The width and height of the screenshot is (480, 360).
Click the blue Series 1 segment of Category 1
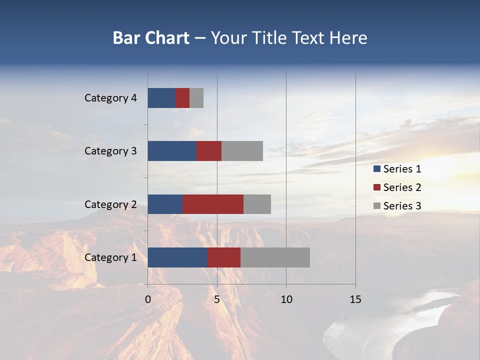tap(177, 257)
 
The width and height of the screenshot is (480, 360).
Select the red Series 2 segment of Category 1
tap(224, 257)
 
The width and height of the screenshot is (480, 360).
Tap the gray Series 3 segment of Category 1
tap(275, 257)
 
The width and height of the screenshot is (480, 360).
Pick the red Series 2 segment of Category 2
tap(213, 204)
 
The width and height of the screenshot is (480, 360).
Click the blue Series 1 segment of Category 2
tap(165, 204)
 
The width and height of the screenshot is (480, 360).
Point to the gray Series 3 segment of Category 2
tap(257, 204)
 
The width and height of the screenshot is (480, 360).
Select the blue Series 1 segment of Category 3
tap(172, 151)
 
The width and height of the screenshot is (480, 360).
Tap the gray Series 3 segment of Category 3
tap(242, 151)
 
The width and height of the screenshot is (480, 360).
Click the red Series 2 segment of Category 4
tap(182, 98)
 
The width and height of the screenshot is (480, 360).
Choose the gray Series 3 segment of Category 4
tap(196, 98)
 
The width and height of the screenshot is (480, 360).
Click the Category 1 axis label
tap(110, 257)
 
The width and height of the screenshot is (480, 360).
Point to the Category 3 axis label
tap(110, 151)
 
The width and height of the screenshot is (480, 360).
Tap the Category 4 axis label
tap(110, 98)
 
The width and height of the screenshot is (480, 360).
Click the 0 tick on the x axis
tap(148, 300)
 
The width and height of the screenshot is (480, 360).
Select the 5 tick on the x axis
tap(217, 300)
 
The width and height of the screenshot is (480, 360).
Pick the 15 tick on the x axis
tap(355, 300)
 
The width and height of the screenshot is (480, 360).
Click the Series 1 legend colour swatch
tap(376, 169)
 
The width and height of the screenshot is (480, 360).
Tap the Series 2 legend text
tap(402, 187)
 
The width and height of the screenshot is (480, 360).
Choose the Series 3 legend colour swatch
tap(376, 206)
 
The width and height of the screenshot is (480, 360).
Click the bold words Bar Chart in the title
tap(151, 38)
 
